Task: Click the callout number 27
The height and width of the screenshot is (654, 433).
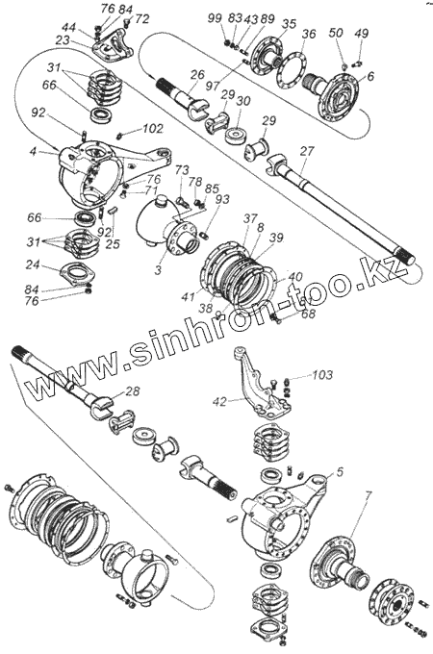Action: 309,151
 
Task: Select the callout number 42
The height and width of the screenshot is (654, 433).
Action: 219,401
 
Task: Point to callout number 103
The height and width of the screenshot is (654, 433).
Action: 322,374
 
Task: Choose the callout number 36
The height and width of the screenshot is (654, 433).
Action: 309,34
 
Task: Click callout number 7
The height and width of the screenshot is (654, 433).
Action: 368,495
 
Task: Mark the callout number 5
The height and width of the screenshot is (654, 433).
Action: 340,471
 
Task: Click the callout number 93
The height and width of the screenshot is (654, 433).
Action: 221,199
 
